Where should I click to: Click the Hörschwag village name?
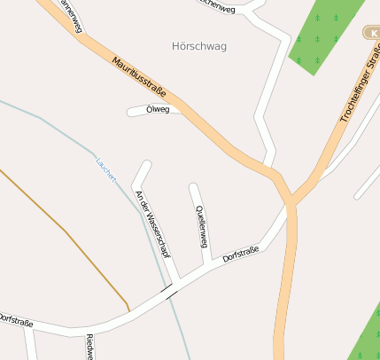point(196,46)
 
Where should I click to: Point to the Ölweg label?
point(158,110)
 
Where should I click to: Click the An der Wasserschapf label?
point(151,222)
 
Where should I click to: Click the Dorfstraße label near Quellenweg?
point(241,254)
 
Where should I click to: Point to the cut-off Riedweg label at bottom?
point(89,347)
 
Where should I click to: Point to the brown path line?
point(66,232)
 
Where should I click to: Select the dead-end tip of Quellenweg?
point(194,188)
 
